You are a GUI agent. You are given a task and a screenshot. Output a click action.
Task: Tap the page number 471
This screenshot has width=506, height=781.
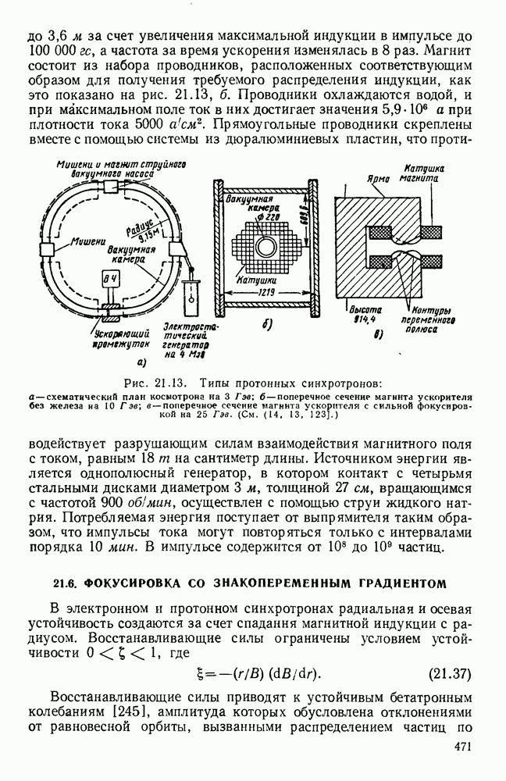tap(461, 747)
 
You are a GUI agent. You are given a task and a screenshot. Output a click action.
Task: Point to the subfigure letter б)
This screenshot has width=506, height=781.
tap(265, 325)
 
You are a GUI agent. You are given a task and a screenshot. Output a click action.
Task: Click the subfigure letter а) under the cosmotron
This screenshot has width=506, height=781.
tap(141, 362)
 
